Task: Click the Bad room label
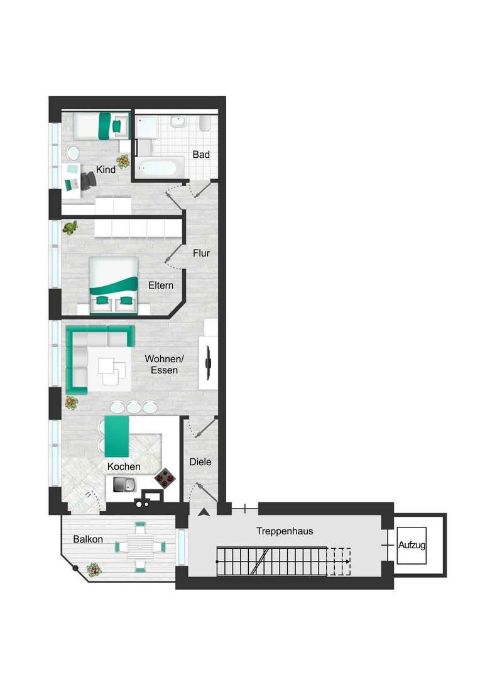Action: (x=201, y=155)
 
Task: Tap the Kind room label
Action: (x=106, y=169)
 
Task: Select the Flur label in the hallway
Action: (x=201, y=253)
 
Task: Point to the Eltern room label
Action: (x=161, y=285)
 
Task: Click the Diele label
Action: (x=200, y=461)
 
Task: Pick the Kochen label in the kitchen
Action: (x=124, y=466)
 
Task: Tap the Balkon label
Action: (x=88, y=539)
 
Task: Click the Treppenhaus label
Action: (x=285, y=531)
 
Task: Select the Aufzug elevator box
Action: (x=412, y=545)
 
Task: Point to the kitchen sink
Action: (x=124, y=484)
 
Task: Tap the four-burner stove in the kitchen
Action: (x=165, y=478)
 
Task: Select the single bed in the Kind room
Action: (x=101, y=126)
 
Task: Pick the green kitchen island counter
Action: (x=117, y=436)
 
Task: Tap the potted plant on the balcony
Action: (x=94, y=570)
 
